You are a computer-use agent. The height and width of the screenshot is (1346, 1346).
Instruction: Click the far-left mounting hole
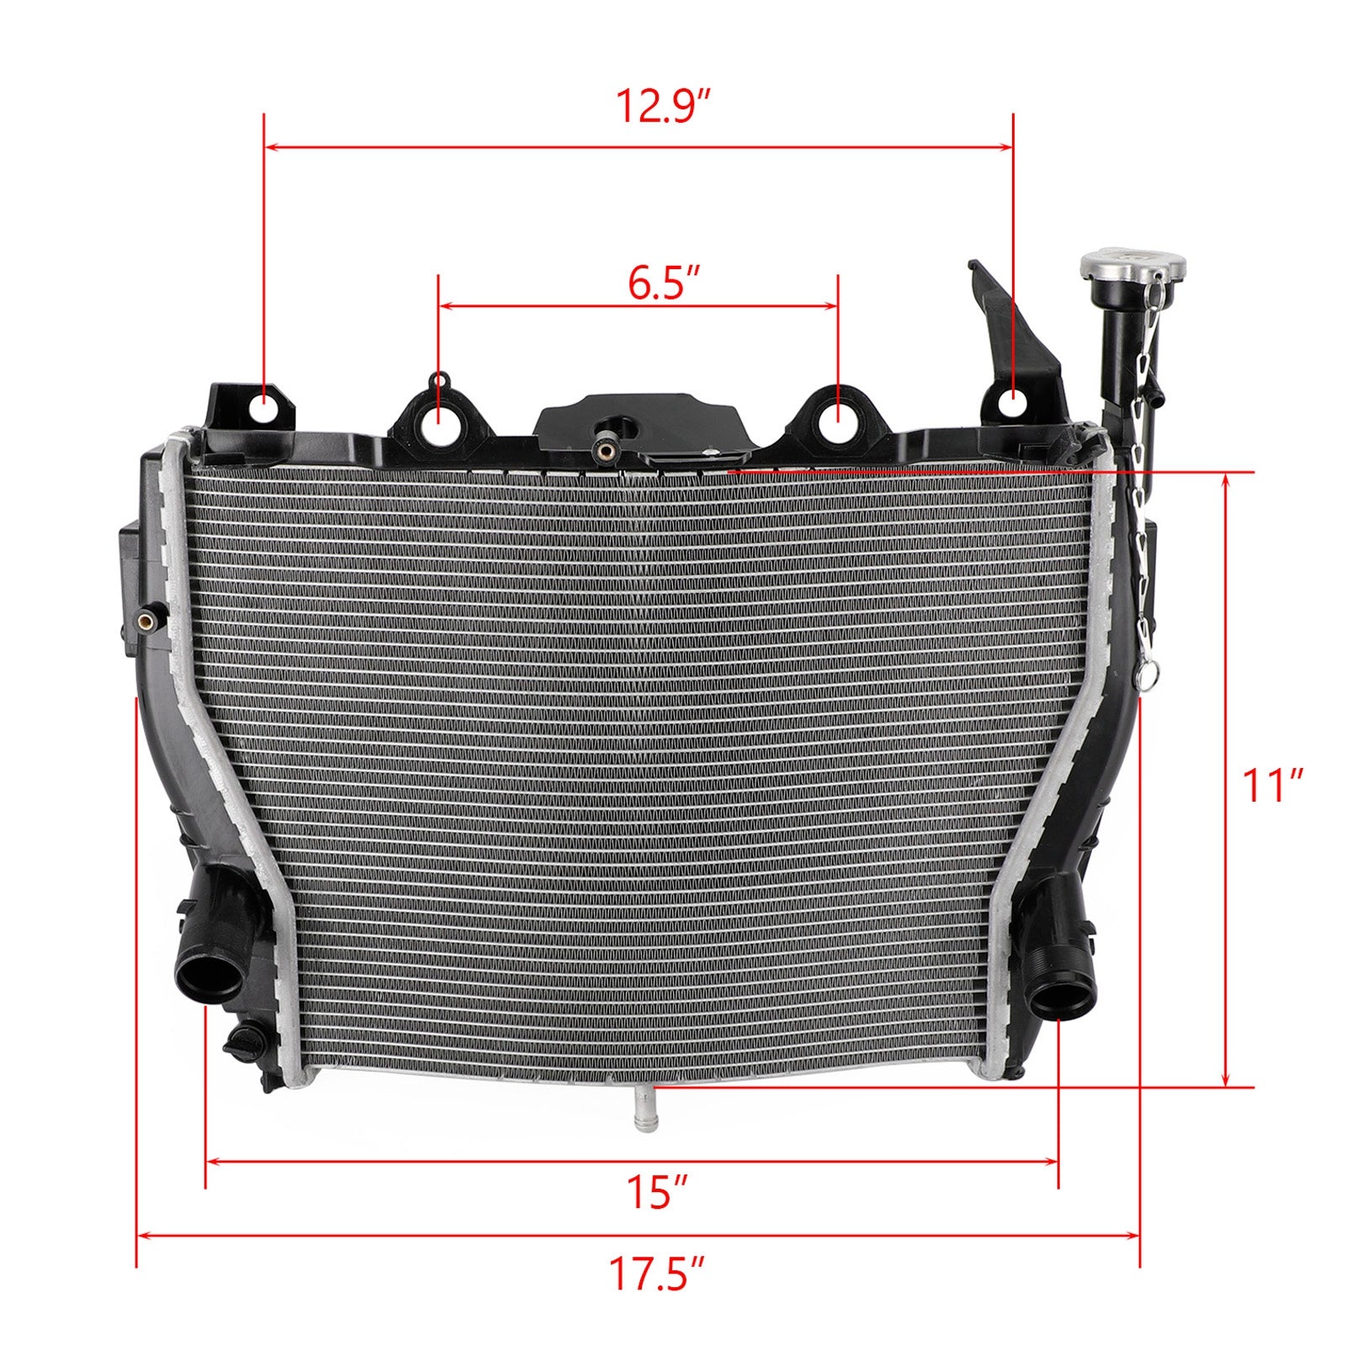pos(264,408)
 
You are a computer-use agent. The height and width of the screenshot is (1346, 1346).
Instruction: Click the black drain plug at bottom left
pos(245,1041)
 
